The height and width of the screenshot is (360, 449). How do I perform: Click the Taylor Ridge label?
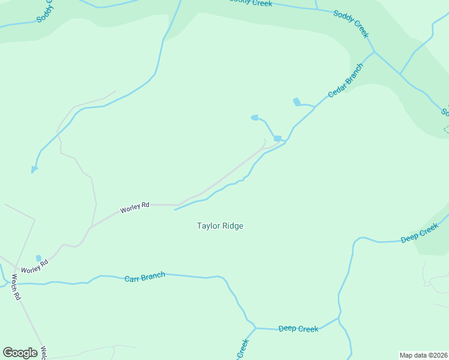pyautogui.click(x=220, y=226)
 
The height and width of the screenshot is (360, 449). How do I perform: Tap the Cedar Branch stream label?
pyautogui.click(x=345, y=81)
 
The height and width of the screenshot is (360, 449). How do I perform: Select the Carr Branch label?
pyautogui.click(x=145, y=277)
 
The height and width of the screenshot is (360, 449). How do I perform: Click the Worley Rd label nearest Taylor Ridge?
pyautogui.click(x=134, y=208)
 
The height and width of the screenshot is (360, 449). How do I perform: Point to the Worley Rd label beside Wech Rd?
pyautogui.click(x=34, y=266)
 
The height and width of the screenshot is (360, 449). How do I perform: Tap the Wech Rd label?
pyautogui.click(x=16, y=287)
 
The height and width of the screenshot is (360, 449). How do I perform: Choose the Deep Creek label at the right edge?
pyautogui.click(x=420, y=233)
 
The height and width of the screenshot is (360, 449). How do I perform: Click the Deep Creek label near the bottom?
pyautogui.click(x=298, y=329)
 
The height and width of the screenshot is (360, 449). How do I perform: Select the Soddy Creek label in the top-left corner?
pyautogui.click(x=44, y=10)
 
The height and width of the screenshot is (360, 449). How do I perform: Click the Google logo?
pyautogui.click(x=20, y=352)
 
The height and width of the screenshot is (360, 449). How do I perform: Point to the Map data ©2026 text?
pyautogui.click(x=423, y=355)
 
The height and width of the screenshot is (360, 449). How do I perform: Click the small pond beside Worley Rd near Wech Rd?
pyautogui.click(x=39, y=259)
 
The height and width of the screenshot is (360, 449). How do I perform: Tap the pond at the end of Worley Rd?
pyautogui.click(x=277, y=139)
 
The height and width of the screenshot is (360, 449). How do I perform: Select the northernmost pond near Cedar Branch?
pyautogui.click(x=296, y=101)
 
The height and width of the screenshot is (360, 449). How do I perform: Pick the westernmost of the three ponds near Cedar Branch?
pyautogui.click(x=255, y=118)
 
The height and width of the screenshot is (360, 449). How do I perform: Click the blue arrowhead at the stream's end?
pyautogui.click(x=34, y=170)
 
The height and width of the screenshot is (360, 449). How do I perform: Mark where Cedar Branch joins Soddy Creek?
pyautogui.click(x=375, y=52)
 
